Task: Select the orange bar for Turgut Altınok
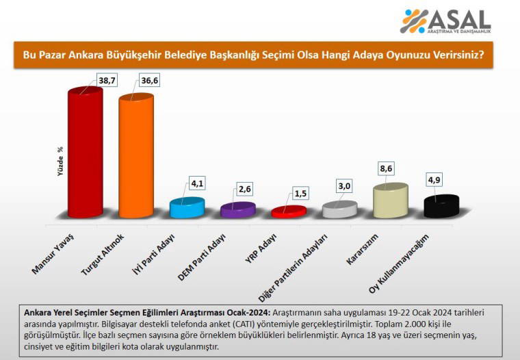135,157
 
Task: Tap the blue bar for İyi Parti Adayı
187,207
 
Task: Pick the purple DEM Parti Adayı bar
237,210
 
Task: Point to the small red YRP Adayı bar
288,211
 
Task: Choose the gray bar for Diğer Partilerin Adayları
339,209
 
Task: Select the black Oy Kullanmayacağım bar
441,206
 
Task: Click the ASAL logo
445,21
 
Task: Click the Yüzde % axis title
61,162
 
